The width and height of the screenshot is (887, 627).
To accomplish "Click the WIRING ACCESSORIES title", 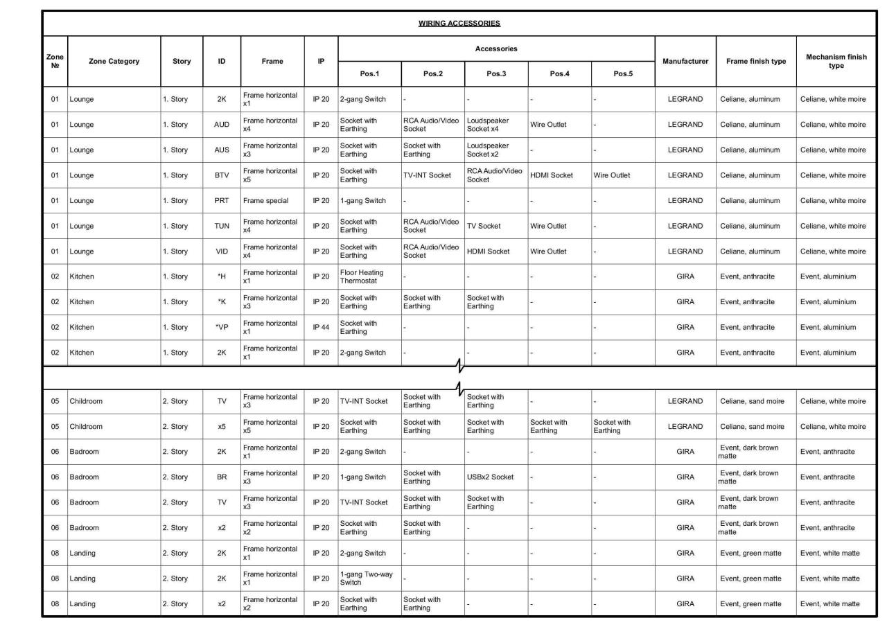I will point(459,24).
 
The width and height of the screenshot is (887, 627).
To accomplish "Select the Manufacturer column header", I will point(685,61).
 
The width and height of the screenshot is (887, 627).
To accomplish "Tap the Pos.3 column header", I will point(496,73).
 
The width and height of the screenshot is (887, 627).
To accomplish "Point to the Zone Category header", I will point(114,61).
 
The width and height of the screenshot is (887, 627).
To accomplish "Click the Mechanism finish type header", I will point(836,61).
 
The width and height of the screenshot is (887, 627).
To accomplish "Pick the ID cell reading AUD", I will point(222,125).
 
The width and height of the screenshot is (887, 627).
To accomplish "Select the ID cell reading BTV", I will point(222,175).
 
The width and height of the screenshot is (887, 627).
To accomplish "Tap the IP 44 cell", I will point(321,327).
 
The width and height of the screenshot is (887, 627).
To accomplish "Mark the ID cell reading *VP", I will point(222,327).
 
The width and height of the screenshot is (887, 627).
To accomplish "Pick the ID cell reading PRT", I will point(222,201).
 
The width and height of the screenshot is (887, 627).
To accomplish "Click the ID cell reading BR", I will point(222,477).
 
